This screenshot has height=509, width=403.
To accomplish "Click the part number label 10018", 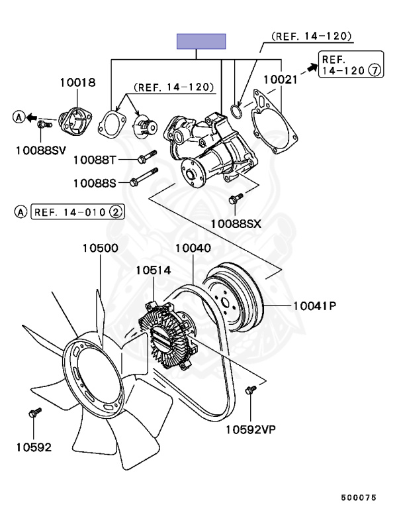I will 78,83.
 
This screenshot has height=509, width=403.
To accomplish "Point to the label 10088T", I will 95,160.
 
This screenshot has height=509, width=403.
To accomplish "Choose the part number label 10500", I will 100,249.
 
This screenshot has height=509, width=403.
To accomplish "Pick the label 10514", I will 154,270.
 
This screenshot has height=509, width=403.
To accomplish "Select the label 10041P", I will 315,306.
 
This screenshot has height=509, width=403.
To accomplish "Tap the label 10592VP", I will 250,429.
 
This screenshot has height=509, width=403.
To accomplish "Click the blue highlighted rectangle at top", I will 201,41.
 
